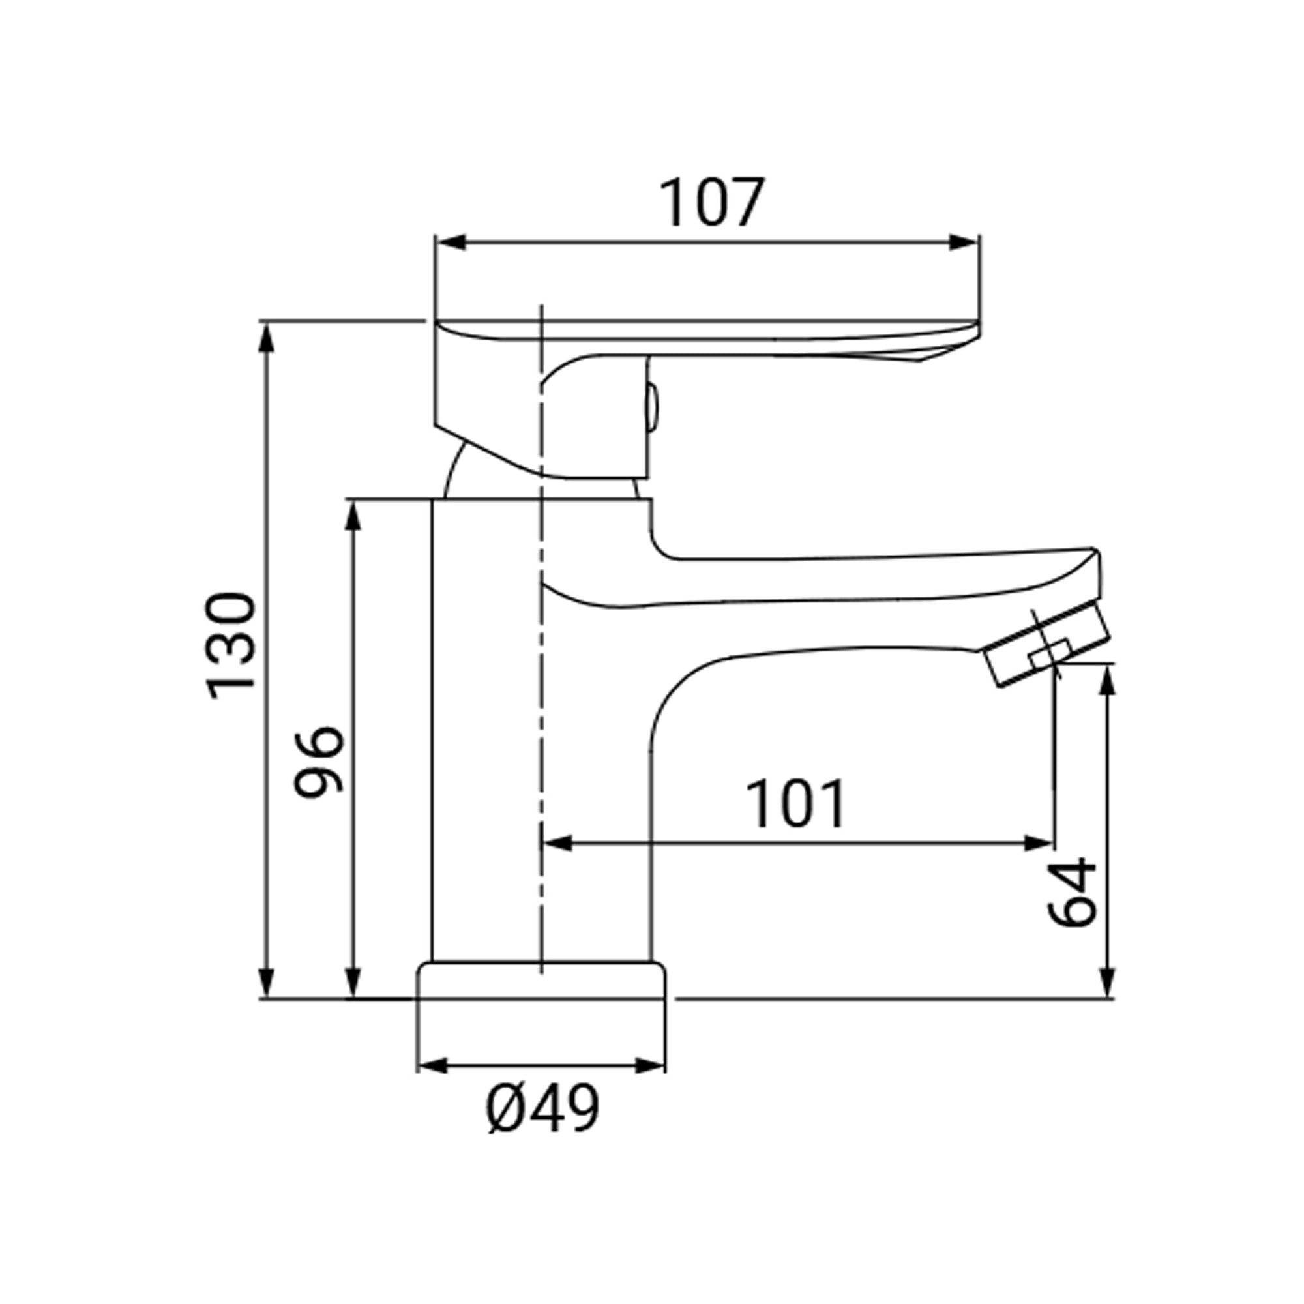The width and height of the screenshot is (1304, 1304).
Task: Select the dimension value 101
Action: tap(797, 804)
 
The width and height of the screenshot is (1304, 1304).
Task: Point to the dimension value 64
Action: tap(1073, 893)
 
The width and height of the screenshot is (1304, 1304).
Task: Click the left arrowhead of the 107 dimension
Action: tap(451, 243)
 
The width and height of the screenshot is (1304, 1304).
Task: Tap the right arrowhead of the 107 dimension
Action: tap(964, 243)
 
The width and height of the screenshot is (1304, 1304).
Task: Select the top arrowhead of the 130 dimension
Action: tap(267, 338)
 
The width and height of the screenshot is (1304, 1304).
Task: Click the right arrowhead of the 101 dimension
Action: tap(1038, 843)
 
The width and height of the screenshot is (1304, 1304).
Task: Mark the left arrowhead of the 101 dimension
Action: tap(557, 843)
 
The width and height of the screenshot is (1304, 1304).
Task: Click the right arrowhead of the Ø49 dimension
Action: tap(651, 1067)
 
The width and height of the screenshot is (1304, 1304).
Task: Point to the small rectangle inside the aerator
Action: tap(1050, 653)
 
